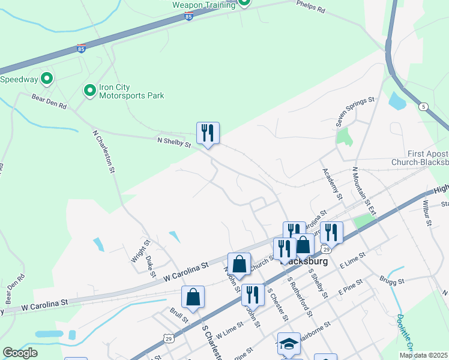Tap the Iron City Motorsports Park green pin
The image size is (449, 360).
pos(89,91)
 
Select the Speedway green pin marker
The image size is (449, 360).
pos(46,79)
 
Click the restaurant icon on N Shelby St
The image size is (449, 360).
pos(208,133)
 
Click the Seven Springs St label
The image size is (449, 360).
pos(355,111)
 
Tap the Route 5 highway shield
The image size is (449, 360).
pos(424,107)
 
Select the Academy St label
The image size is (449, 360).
pos(331,184)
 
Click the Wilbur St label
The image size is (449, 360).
pos(426,213)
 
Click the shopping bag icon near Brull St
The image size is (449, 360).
pos(193,296)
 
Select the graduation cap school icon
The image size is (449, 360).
pos(289,343)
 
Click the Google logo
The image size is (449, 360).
pos(20,353)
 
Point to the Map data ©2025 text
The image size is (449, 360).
pos(423,355)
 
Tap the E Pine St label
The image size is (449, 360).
pos(351,286)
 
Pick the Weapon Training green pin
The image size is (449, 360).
pos(244,2)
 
